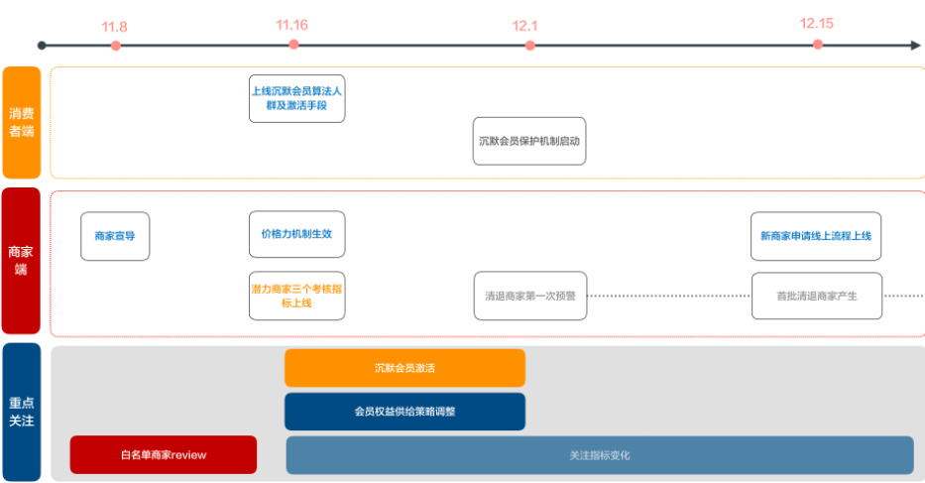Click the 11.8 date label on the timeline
click(116, 26)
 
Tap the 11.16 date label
click(292, 25)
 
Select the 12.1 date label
click(528, 26)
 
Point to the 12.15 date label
click(817, 24)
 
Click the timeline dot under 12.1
click(529, 45)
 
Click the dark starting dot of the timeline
click(42, 45)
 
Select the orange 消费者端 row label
click(21, 122)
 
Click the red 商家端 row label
click(21, 261)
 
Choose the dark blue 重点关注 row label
click(21, 412)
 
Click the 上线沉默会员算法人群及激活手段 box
click(296, 97)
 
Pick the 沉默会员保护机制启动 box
click(529, 141)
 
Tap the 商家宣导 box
click(115, 236)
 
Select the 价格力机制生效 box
click(296, 234)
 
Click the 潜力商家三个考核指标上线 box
click(296, 296)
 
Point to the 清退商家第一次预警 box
click(529, 296)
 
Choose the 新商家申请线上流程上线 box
click(815, 236)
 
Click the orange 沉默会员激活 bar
click(405, 368)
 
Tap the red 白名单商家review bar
click(163, 455)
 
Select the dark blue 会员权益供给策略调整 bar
click(405, 412)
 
